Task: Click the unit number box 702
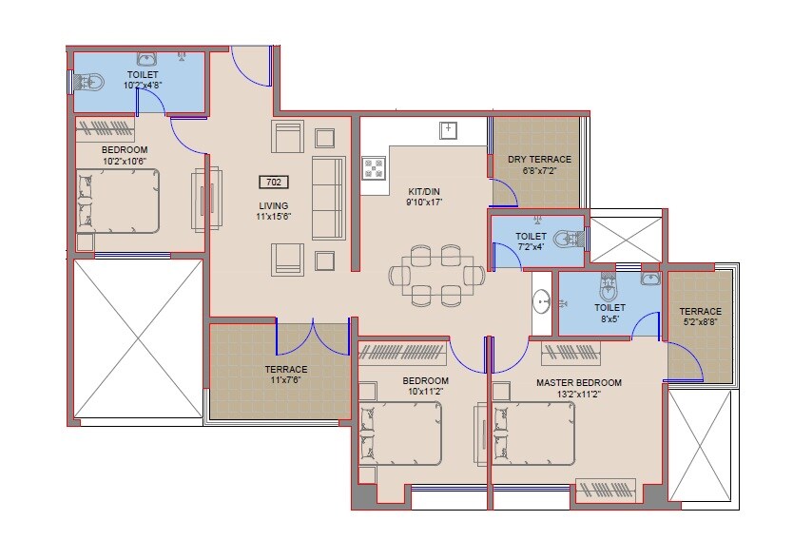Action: (273, 182)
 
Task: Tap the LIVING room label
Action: (273, 205)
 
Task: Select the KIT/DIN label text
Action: (423, 190)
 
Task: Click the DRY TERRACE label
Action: (539, 160)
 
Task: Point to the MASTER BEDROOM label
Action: (578, 383)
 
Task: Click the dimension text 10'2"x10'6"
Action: (124, 162)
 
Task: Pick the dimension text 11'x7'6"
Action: (286, 380)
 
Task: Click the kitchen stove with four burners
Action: (374, 169)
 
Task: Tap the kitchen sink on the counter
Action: (448, 129)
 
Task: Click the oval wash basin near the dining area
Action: (541, 302)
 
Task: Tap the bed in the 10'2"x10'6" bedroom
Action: (118, 201)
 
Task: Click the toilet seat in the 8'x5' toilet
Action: (609, 285)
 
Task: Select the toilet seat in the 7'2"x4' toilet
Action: (567, 237)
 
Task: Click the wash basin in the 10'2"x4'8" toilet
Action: (147, 60)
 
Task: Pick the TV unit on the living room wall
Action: (206, 200)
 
